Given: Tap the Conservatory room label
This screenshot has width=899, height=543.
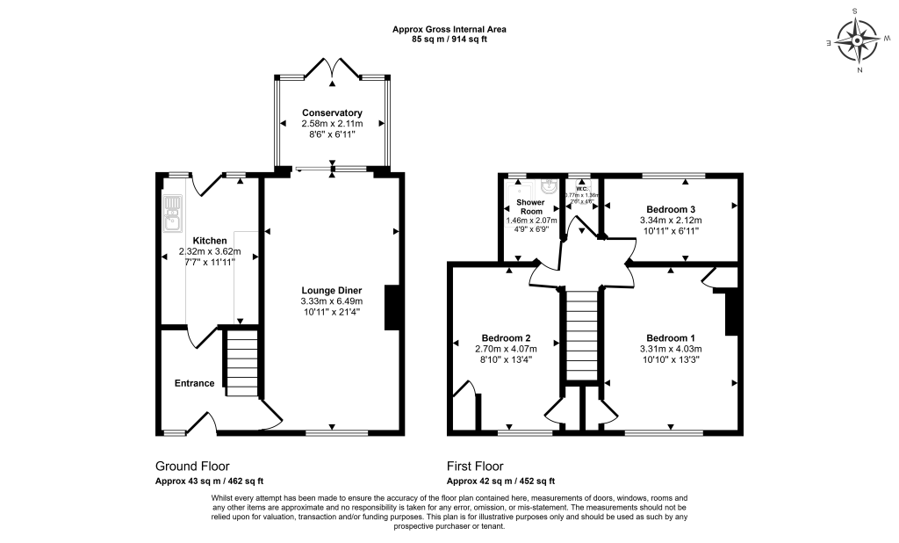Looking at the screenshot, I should click(332, 113).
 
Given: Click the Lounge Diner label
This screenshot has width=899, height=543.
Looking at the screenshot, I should click(332, 290).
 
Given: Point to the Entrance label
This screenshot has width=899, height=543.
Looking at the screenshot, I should click(194, 383).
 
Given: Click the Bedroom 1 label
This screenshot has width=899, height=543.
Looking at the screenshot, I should click(671, 338).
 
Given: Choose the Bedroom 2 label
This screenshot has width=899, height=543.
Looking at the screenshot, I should click(506, 338).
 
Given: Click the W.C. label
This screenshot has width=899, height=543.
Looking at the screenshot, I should click(581, 187).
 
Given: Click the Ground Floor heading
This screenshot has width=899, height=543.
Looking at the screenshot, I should click(192, 467).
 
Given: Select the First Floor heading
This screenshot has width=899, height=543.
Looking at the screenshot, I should click(475, 467).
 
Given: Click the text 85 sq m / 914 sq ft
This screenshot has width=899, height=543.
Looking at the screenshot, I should click(449, 39).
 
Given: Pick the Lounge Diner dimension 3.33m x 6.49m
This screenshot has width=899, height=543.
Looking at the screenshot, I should click(332, 300).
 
